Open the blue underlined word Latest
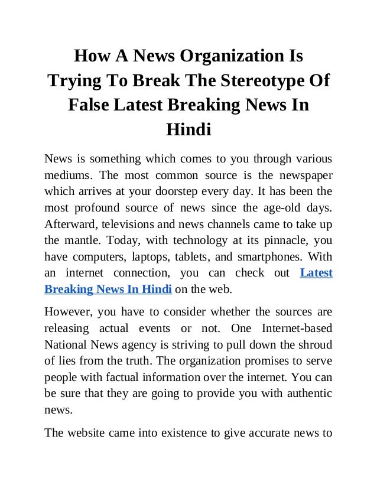[316, 274]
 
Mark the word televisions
[130, 225]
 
